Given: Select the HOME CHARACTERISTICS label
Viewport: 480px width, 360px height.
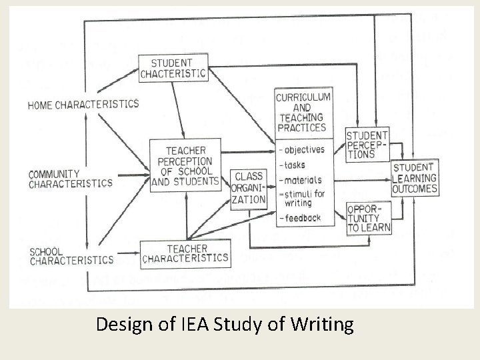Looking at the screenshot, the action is tap(83, 105).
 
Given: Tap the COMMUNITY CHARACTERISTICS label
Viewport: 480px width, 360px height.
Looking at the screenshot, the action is tap(70, 179).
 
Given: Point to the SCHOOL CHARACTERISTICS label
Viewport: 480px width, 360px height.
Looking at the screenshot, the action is tap(71, 256).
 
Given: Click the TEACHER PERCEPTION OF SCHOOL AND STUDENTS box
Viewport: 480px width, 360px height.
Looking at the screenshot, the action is tap(185, 165).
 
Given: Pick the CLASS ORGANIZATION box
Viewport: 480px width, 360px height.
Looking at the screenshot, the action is tap(248, 187).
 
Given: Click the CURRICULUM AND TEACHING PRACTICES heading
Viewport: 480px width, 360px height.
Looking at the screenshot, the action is tap(301, 113).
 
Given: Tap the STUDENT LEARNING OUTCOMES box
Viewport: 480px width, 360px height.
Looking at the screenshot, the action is tap(415, 178).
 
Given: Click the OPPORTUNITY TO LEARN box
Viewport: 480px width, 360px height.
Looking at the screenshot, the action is tap(369, 218).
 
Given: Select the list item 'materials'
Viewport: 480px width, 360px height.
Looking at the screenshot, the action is tap(302, 180).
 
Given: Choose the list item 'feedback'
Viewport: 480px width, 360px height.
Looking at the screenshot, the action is tap(301, 217).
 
